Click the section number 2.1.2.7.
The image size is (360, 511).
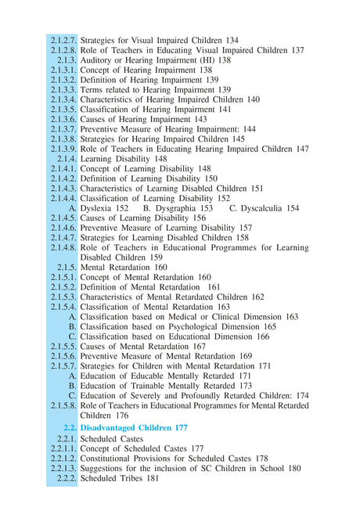pos(63,40)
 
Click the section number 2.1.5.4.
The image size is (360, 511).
pos(63,307)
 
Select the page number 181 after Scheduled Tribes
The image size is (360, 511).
pos(150,478)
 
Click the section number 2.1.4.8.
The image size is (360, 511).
pos(63,247)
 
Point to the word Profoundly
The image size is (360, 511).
pos(216,395)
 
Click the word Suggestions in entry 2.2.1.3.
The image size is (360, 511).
pos(108,468)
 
